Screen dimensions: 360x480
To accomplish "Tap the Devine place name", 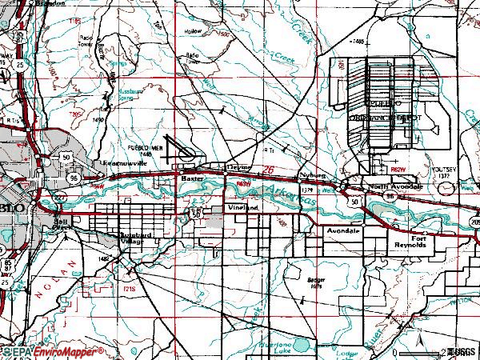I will pyautogui.click(x=238, y=167).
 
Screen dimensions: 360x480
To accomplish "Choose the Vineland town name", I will pyautogui.click(x=243, y=207).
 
